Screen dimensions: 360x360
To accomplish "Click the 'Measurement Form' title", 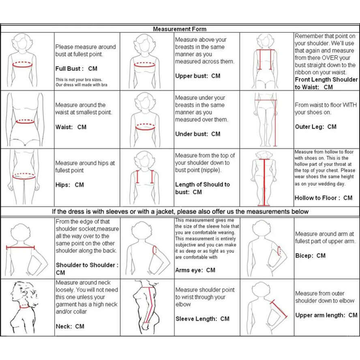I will (x=179, y=29).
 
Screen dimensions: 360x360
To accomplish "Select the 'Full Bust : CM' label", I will (x=76, y=69).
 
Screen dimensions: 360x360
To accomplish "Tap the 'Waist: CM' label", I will (x=71, y=127).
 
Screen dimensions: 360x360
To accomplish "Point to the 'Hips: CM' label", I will (x=70, y=185).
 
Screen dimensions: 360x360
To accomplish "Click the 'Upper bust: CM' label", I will (x=197, y=76).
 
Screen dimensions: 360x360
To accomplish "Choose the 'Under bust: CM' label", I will (x=197, y=134).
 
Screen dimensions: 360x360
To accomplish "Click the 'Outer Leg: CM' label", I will (x=315, y=126).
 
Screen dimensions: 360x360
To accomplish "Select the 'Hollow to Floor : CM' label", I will (x=323, y=198).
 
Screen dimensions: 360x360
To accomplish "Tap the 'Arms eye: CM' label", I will (x=195, y=270).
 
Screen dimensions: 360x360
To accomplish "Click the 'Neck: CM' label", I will (x=70, y=326).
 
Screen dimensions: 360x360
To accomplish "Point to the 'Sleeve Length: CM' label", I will (x=202, y=319).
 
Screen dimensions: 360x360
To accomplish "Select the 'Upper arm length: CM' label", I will (x=326, y=315).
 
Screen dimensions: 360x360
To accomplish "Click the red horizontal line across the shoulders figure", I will (x=20, y=247).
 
